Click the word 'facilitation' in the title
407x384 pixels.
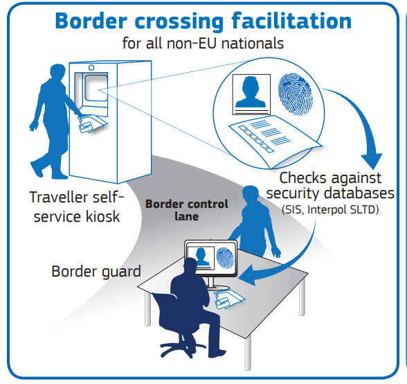[x=291, y=21]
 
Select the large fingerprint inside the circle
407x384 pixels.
[x=296, y=94]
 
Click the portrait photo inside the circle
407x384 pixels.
[x=251, y=95]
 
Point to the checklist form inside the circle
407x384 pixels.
[x=275, y=141]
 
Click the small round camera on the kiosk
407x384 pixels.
[x=91, y=68]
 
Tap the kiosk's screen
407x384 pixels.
[x=96, y=88]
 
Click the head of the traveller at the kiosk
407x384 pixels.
[x=57, y=72]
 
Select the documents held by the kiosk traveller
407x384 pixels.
[x=92, y=124]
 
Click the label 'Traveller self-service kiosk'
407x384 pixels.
[x=77, y=207]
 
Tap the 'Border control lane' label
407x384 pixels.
[x=187, y=210]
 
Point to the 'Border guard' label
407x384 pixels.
[x=96, y=272]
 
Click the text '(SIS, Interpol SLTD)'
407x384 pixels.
[x=330, y=209]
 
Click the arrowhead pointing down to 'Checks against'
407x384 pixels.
[x=372, y=161]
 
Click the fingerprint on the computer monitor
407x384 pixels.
[x=225, y=258]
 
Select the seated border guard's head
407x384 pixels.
[x=190, y=266]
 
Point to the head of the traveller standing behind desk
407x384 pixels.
[x=251, y=194]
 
